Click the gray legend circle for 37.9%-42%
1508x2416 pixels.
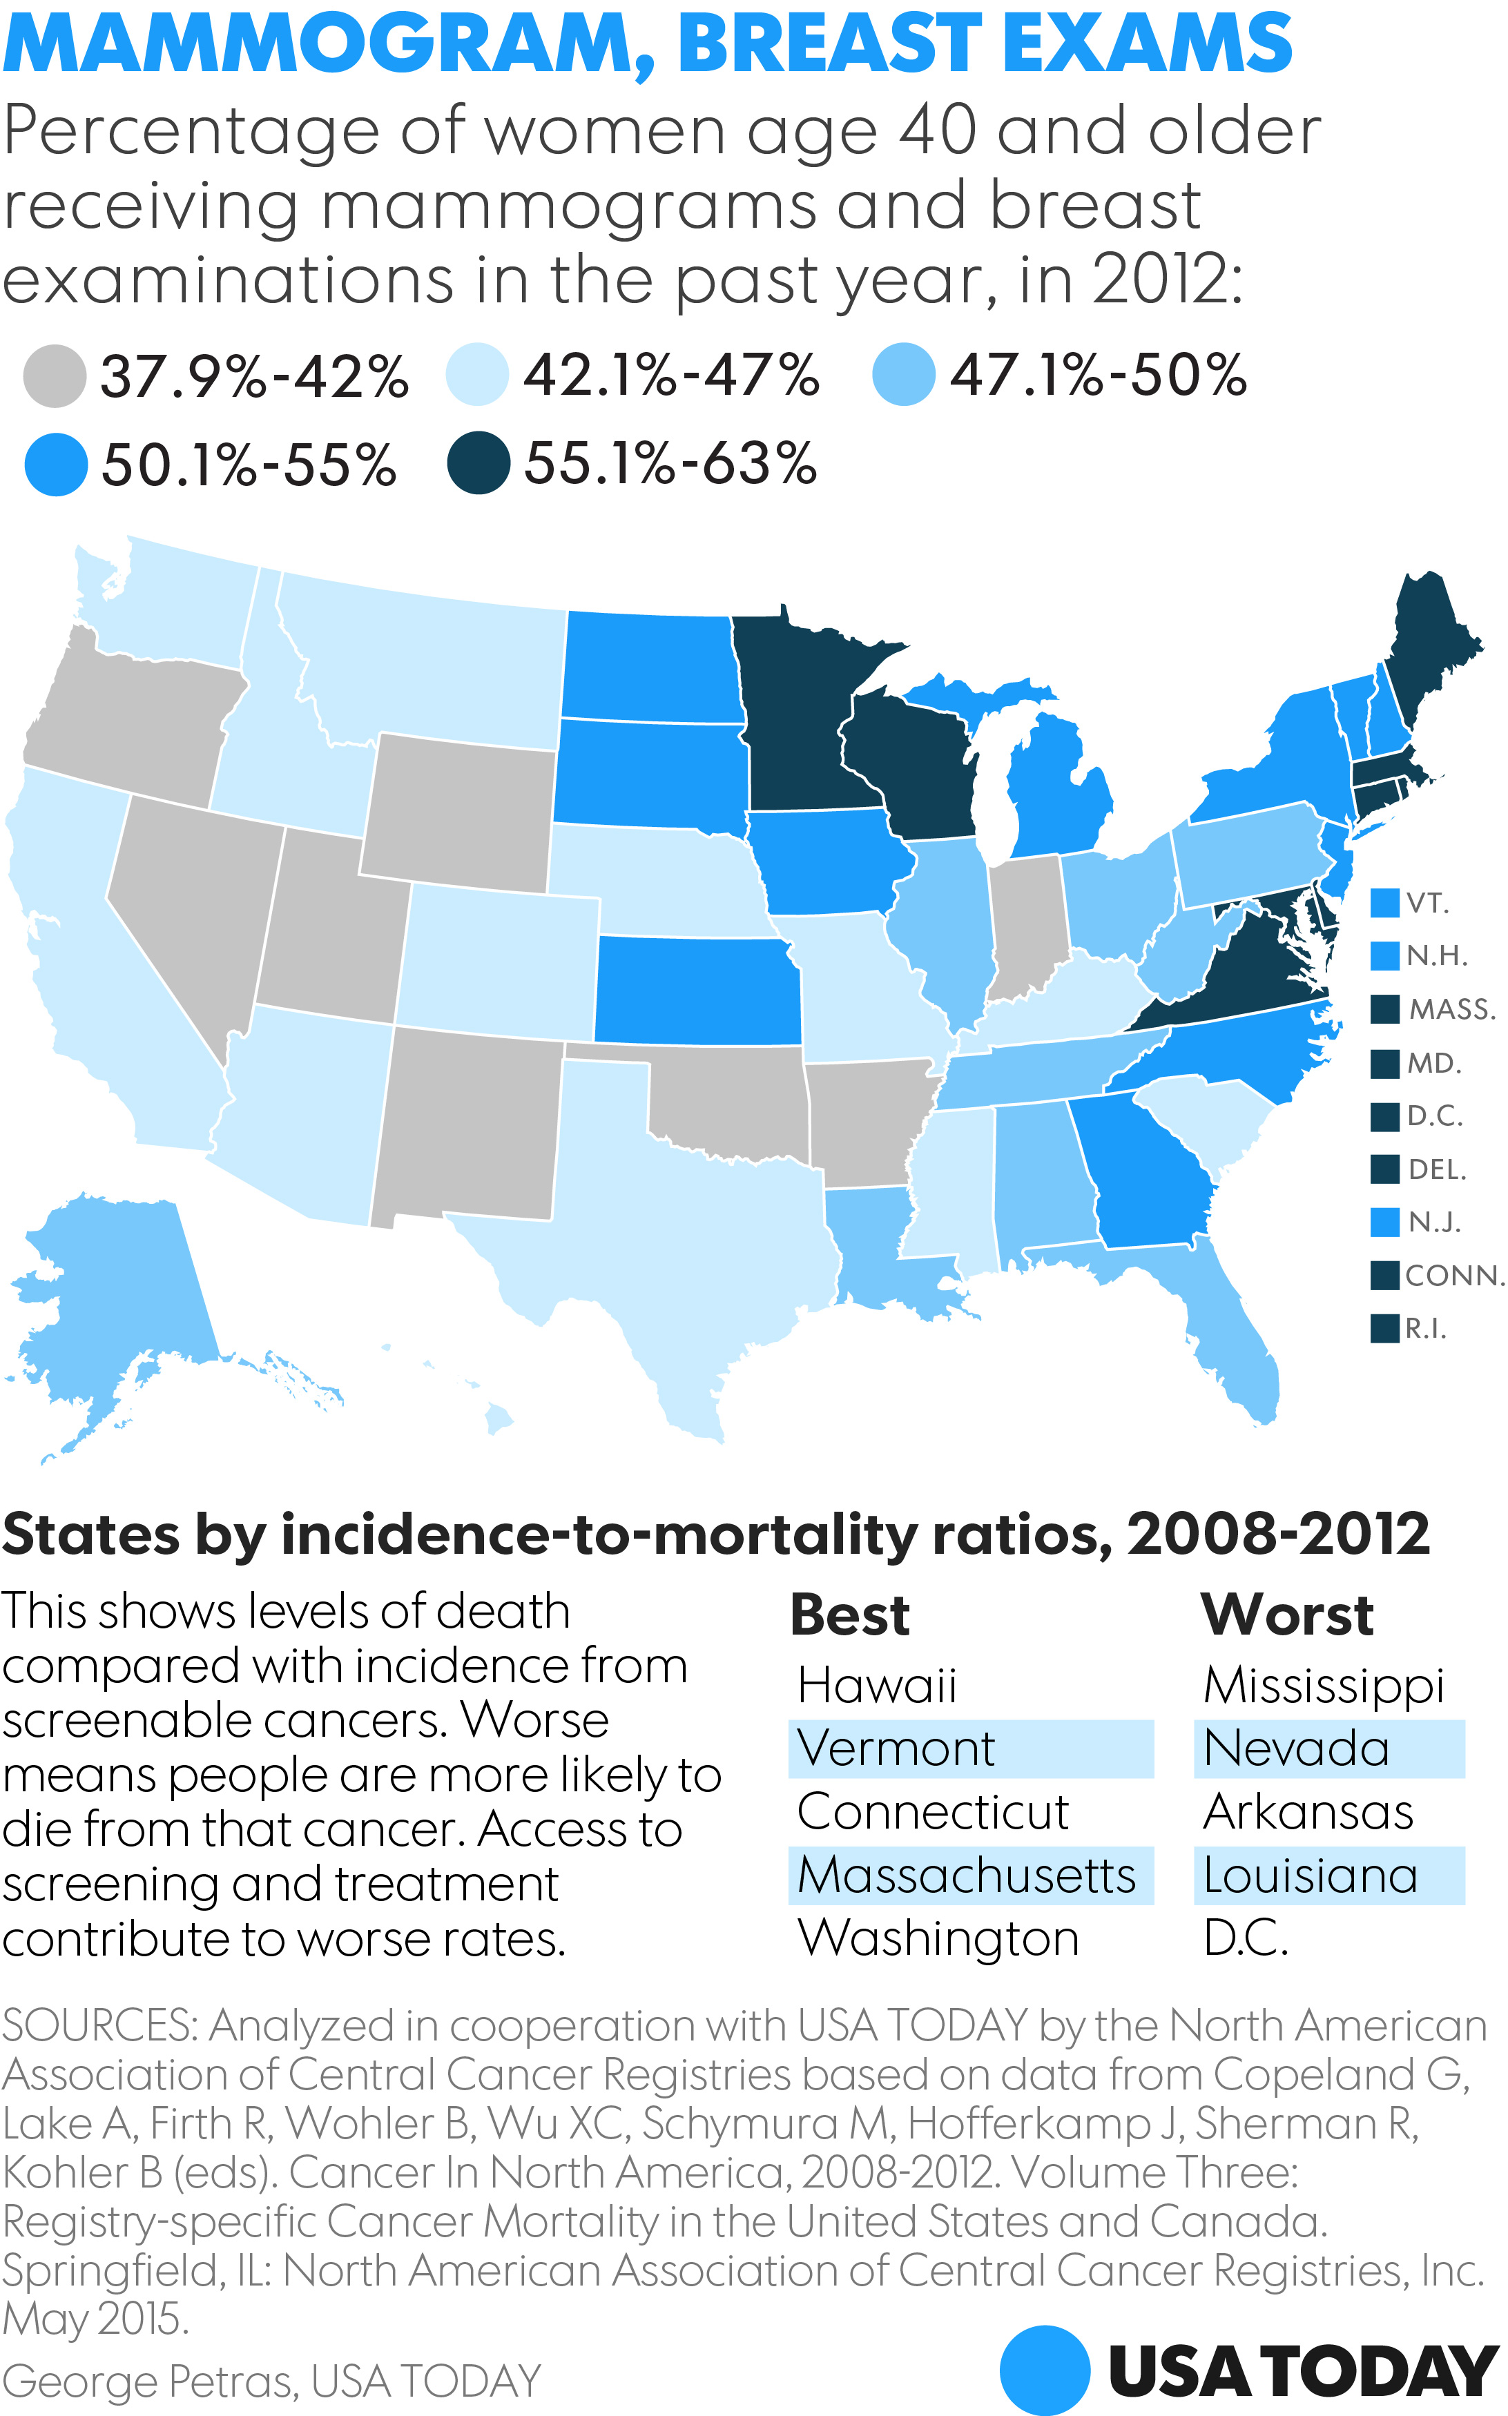pos(54,376)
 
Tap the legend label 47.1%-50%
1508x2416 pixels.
pos(1097,376)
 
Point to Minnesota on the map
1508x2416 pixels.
pos(798,718)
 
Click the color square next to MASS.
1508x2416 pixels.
pos(1384,1009)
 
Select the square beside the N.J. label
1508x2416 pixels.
pos(1384,1222)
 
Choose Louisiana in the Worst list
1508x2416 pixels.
pos(1310,1876)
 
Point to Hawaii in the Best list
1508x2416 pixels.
pos(877,1685)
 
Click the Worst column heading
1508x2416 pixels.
pos(1286,1615)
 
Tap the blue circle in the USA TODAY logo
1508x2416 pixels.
pos(1044,2370)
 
